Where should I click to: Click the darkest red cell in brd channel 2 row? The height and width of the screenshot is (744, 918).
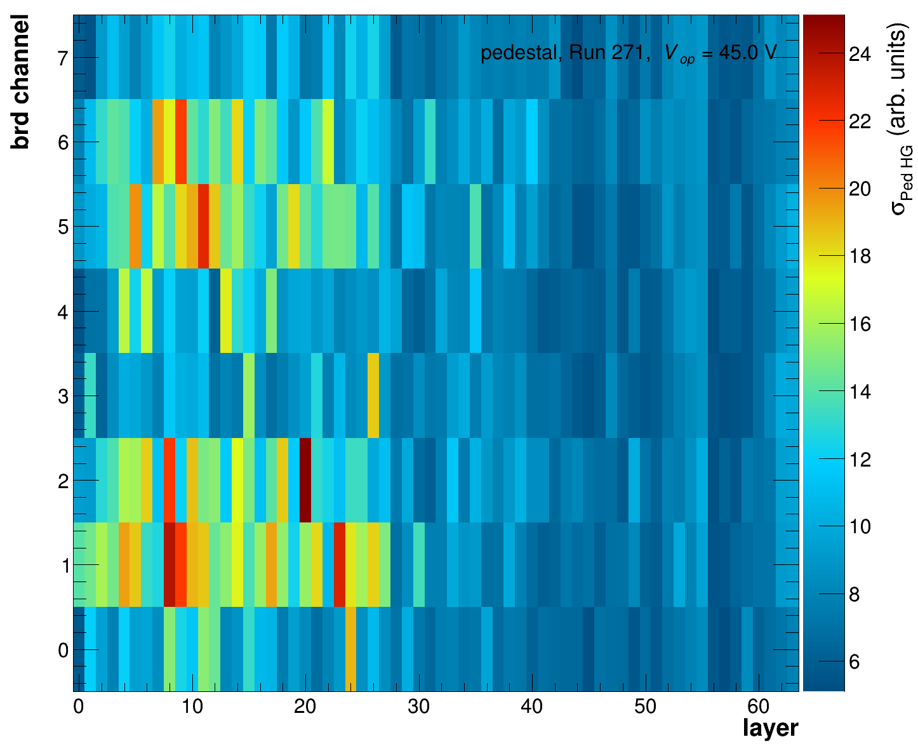pyautogui.click(x=305, y=480)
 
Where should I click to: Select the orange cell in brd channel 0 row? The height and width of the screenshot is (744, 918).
pyautogui.click(x=350, y=649)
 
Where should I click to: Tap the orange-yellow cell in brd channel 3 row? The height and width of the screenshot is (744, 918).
pyautogui.click(x=373, y=395)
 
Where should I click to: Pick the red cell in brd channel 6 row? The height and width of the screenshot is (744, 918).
pyautogui.click(x=180, y=141)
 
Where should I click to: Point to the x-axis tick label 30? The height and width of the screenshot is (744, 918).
pyautogui.click(x=418, y=707)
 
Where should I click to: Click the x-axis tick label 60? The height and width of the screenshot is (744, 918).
pyautogui.click(x=759, y=707)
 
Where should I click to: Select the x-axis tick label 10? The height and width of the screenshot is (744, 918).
pyautogui.click(x=192, y=707)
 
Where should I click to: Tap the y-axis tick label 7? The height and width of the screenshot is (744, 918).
pyautogui.click(x=62, y=58)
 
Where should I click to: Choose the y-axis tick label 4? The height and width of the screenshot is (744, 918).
pyautogui.click(x=62, y=312)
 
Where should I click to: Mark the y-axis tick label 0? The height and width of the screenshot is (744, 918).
pyautogui.click(x=62, y=650)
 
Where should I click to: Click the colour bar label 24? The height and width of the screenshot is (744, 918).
pyautogui.click(x=860, y=55)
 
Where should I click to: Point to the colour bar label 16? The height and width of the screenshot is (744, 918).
pyautogui.click(x=860, y=324)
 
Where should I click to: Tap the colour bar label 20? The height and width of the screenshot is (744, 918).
pyautogui.click(x=860, y=189)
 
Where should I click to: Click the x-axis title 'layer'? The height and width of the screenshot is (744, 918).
pyautogui.click(x=770, y=728)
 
